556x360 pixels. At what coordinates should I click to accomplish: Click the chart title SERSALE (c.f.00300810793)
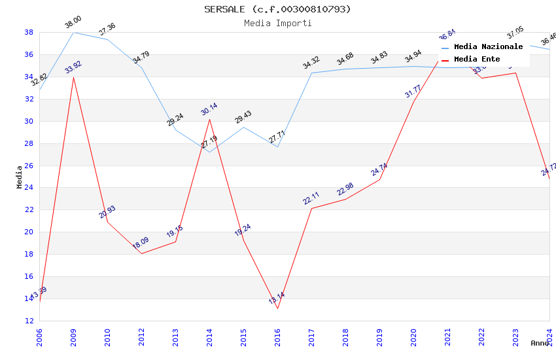pyautogui.click(x=277, y=9)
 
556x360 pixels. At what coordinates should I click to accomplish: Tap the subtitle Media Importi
pyautogui.click(x=277, y=23)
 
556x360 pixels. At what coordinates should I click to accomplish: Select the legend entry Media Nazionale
pyautogui.click(x=488, y=47)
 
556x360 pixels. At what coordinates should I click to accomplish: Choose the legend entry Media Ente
pyautogui.click(x=477, y=60)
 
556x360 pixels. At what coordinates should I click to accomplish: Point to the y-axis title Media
pyautogui.click(x=20, y=177)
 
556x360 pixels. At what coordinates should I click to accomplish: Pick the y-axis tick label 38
pyautogui.click(x=29, y=32)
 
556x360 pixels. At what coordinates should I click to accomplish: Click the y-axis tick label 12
pyautogui.click(x=29, y=321)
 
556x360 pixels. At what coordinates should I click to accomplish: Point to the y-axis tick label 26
pyautogui.click(x=29, y=166)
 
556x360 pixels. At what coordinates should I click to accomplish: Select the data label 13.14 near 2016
pyautogui.click(x=277, y=298)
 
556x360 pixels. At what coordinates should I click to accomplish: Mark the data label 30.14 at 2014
pyautogui.click(x=209, y=109)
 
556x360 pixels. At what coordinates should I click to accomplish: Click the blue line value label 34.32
pyautogui.click(x=311, y=63)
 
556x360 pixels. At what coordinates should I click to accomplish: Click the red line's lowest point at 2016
pyautogui.click(x=277, y=308)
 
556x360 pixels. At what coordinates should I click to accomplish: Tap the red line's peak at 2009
pyautogui.click(x=73, y=77)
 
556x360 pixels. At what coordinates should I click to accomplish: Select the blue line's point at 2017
pyautogui.click(x=311, y=73)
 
